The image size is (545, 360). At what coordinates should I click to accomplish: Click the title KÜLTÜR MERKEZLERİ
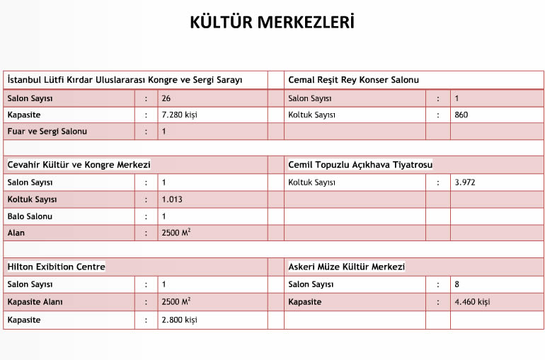272,22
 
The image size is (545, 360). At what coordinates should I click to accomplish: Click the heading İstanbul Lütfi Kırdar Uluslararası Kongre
125,80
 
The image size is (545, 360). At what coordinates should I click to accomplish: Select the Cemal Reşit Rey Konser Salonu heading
353,80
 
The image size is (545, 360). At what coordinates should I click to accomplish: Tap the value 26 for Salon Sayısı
166,98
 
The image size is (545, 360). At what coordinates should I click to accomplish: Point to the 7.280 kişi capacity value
178,115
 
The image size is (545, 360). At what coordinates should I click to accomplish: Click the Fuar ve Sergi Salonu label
47,131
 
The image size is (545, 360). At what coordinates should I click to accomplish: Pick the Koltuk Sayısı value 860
461,115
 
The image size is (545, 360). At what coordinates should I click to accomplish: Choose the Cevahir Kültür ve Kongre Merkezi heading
79,165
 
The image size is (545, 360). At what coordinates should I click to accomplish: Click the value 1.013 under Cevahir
172,199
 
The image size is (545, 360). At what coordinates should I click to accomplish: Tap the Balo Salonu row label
30,216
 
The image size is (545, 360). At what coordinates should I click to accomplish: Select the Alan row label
17,233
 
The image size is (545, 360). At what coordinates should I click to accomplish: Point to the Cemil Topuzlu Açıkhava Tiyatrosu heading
360,165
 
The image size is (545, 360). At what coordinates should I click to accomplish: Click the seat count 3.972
464,182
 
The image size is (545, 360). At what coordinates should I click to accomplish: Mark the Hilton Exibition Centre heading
56,267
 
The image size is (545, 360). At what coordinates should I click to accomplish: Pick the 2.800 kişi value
179,320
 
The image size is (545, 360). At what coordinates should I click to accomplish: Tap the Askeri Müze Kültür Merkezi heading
346,267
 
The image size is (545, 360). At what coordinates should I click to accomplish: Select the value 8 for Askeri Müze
457,284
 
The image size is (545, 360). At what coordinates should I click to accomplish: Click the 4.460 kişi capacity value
472,302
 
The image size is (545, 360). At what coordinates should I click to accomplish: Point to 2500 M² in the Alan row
176,233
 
